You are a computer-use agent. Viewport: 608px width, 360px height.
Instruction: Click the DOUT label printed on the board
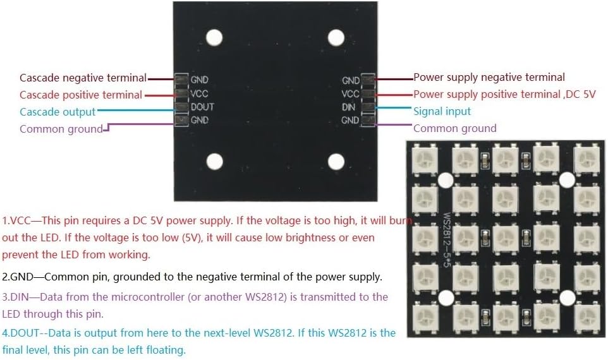tap(202, 107)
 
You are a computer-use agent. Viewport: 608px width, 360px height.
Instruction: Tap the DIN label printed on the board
tap(348, 107)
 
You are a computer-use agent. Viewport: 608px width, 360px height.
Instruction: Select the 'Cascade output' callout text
tap(58, 112)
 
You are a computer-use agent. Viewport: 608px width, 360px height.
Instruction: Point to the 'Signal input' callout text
tap(442, 111)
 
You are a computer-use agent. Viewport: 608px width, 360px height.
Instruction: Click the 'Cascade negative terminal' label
tap(83, 78)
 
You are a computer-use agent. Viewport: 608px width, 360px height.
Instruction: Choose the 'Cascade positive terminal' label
tap(81, 95)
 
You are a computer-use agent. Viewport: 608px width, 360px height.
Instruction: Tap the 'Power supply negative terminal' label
tap(489, 77)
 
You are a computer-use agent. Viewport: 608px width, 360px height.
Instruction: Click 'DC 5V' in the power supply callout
tap(580, 94)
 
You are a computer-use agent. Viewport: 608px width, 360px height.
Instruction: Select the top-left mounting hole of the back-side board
tap(214, 38)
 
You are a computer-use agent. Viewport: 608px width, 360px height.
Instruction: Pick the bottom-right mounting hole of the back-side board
tap(336, 162)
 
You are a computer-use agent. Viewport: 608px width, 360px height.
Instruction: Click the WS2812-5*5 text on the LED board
tap(447, 239)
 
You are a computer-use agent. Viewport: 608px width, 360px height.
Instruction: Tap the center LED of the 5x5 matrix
tap(506, 238)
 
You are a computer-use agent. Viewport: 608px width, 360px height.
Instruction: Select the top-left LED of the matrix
tap(425, 159)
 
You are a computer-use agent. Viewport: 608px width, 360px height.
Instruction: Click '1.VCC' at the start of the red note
tap(16, 220)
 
